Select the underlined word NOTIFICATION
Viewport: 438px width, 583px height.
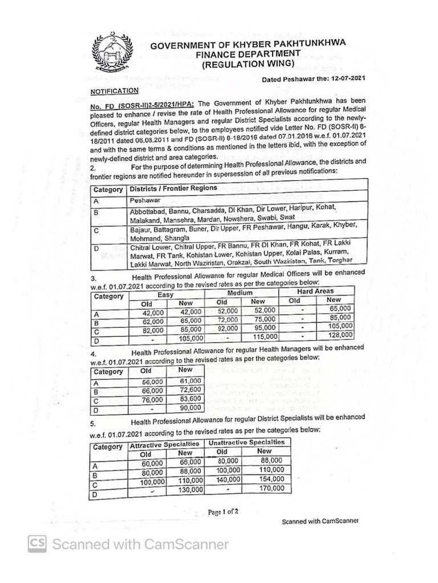coord(114,91)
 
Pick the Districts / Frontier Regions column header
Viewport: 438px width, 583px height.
coord(173,188)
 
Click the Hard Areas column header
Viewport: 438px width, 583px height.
coord(315,291)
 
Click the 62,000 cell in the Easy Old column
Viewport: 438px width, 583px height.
coord(153,321)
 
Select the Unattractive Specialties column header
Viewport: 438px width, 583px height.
coord(246,442)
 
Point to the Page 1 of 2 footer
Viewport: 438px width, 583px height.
coord(223,511)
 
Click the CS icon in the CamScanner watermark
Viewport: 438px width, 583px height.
coord(38,544)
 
